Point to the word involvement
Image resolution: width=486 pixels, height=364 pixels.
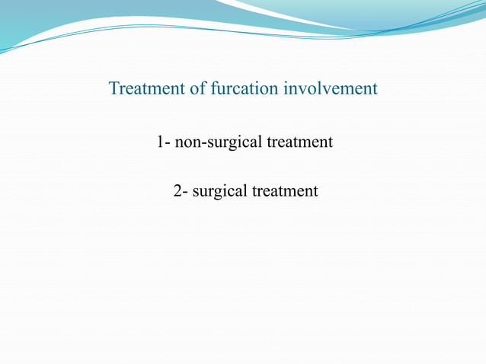point(331,89)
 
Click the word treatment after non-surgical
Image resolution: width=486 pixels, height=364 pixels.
point(299,142)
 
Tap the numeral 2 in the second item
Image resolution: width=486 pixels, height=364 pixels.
point(177,191)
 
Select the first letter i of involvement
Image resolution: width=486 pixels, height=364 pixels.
point(286,89)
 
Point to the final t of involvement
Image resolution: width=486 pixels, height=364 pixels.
point(375,89)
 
